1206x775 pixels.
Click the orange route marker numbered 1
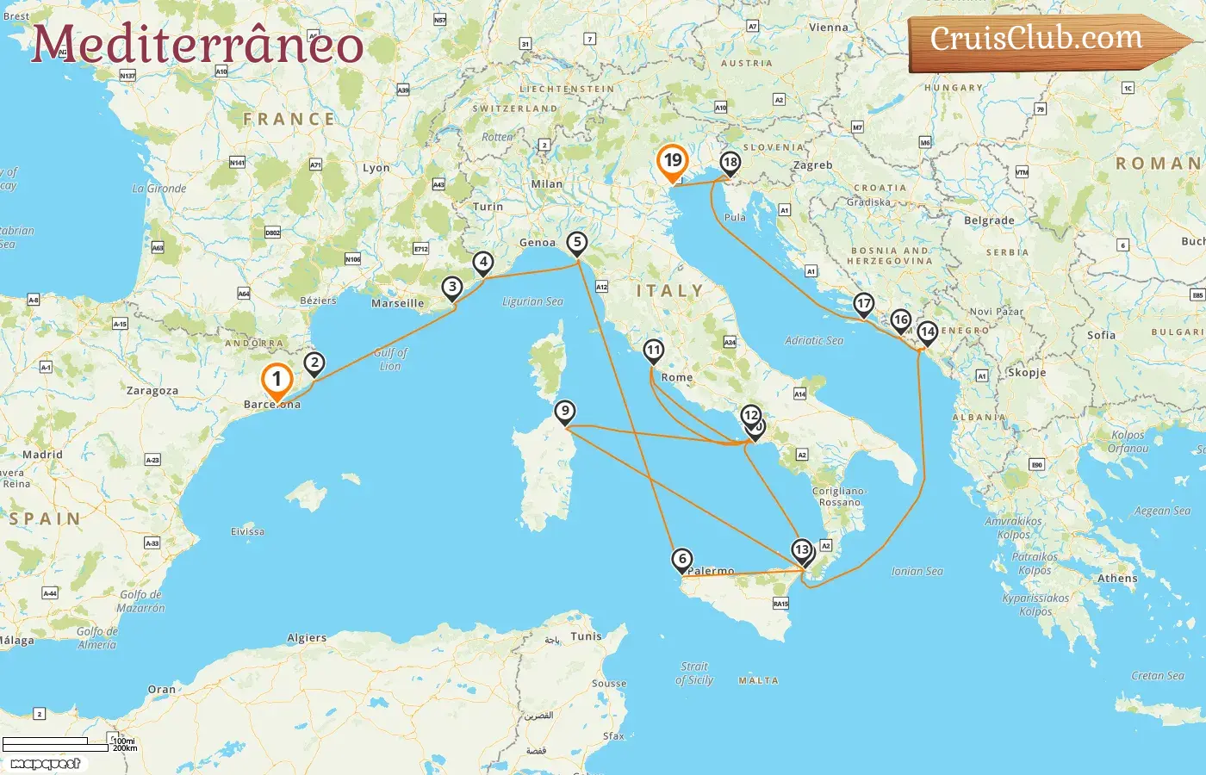pyautogui.click(x=277, y=380)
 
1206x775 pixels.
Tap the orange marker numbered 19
pyautogui.click(x=672, y=161)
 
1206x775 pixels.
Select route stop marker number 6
pyautogui.click(x=681, y=560)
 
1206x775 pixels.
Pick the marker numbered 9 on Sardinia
pyautogui.click(x=564, y=412)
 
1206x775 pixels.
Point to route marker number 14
pyautogui.click(x=927, y=332)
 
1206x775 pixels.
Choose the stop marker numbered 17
pyautogui.click(x=863, y=304)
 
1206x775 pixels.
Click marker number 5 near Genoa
pyautogui.click(x=577, y=243)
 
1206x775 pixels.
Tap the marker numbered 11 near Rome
pyautogui.click(x=653, y=350)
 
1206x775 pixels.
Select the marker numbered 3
pyautogui.click(x=451, y=288)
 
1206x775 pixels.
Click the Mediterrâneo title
pyautogui.click(x=197, y=45)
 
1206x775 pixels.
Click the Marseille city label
pyautogui.click(x=397, y=303)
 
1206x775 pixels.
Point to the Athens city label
pyautogui.click(x=1117, y=579)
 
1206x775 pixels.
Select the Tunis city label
pyautogui.click(x=586, y=636)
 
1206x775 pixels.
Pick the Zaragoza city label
pyautogui.click(x=152, y=391)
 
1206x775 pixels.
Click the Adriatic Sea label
pyautogui.click(x=814, y=341)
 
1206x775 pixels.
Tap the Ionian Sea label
pyautogui.click(x=917, y=571)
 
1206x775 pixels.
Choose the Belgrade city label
pyautogui.click(x=989, y=220)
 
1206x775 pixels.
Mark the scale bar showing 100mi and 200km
pyautogui.click(x=57, y=745)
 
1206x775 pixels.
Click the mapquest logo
pyautogui.click(x=45, y=764)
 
